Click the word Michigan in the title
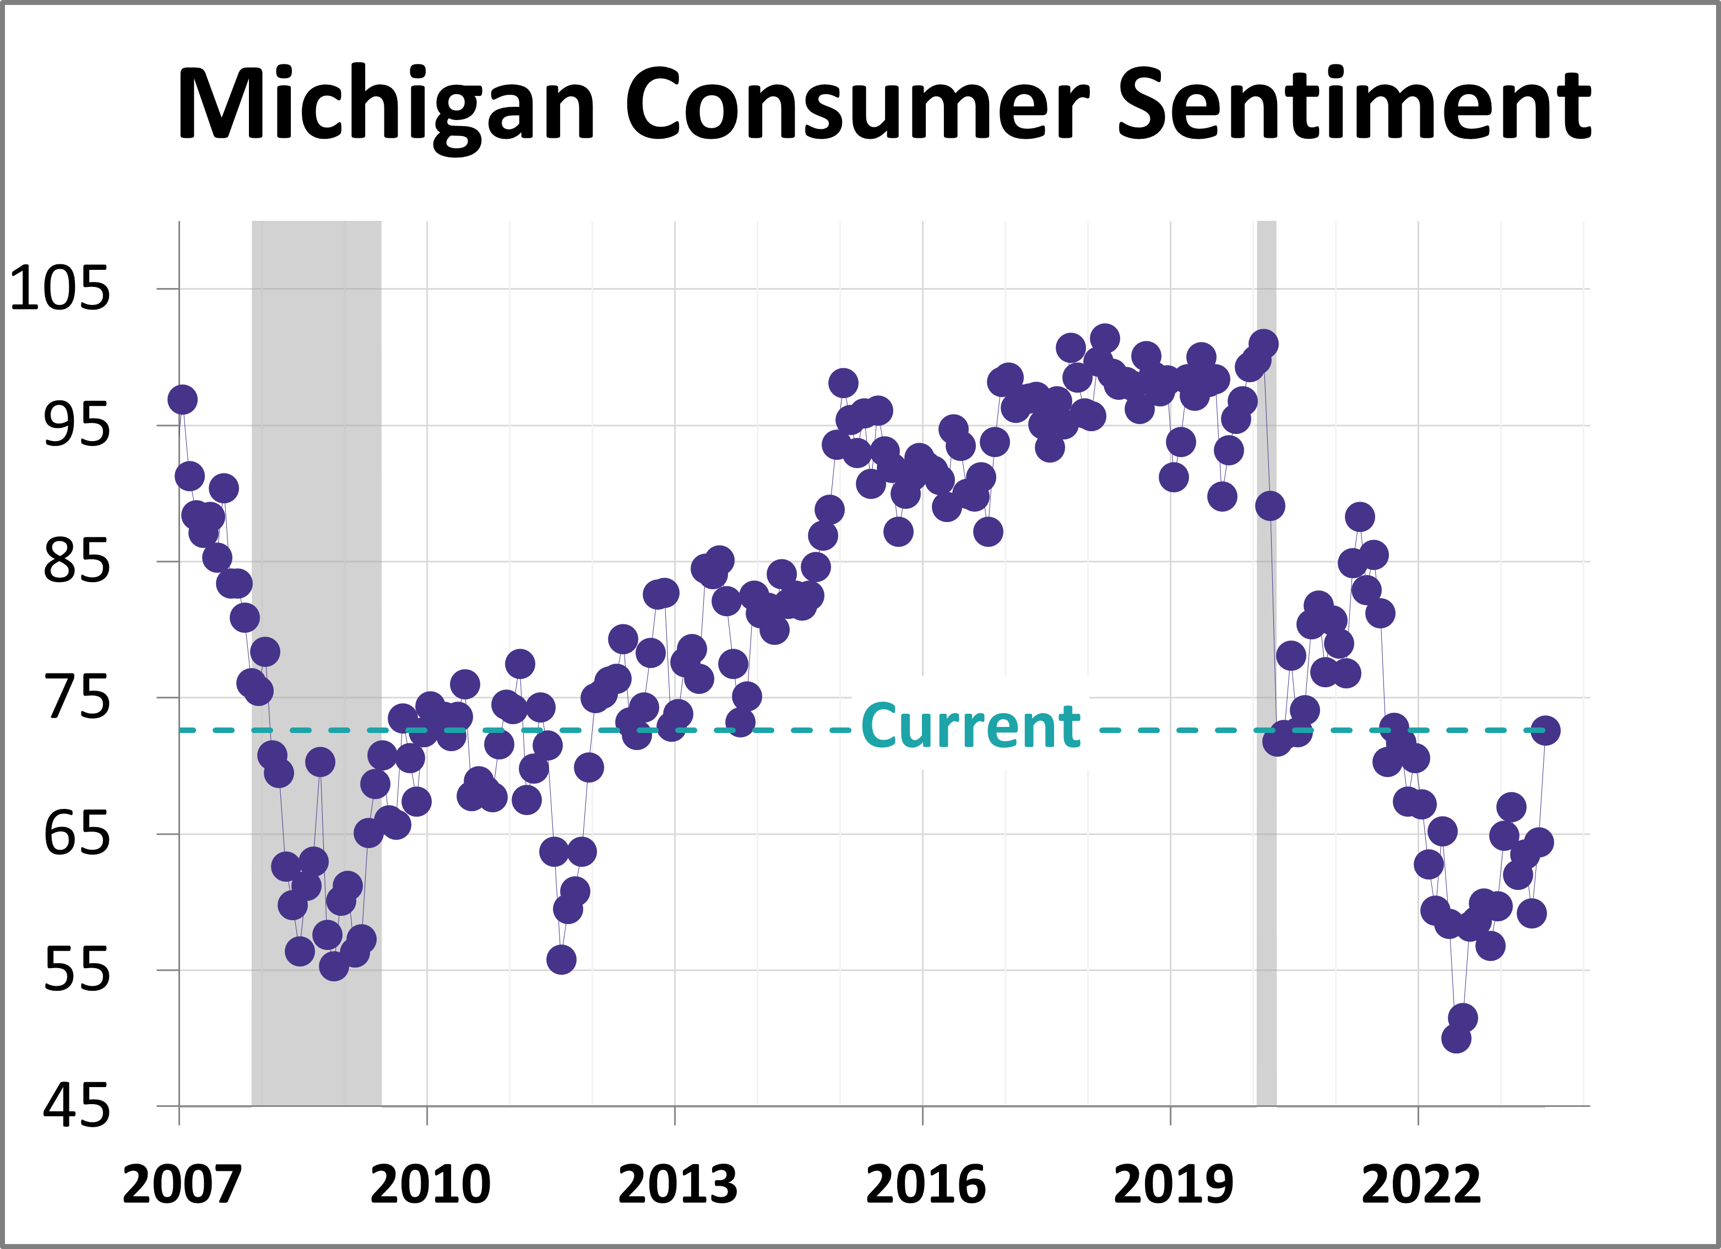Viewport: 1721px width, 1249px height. click(386, 105)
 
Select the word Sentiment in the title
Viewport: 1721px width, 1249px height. click(1354, 105)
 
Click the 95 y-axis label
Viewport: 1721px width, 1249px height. click(77, 425)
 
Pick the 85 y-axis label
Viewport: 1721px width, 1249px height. click(77, 562)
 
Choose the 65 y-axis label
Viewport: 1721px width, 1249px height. click(77, 834)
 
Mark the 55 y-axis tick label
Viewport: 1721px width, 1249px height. click(77, 970)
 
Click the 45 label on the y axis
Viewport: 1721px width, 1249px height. click(77, 1106)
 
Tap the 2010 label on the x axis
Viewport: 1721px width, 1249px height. click(430, 1185)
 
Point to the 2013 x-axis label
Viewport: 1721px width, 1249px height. click(677, 1185)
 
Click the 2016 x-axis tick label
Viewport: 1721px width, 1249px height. click(925, 1185)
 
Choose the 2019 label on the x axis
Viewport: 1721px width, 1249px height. click(1173, 1185)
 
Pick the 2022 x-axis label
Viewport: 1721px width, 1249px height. click(1420, 1185)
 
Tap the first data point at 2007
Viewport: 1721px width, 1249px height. click(182, 400)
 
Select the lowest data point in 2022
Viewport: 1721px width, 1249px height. click(1456, 1038)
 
